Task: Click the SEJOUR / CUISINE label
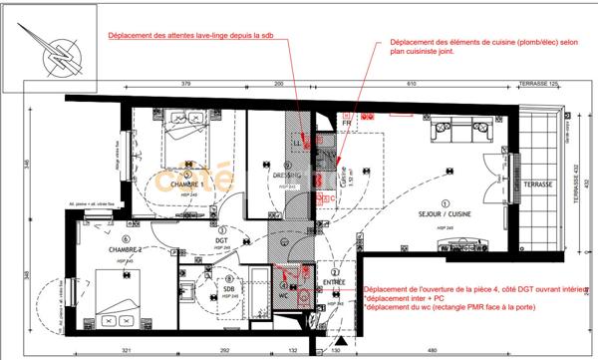(438, 213)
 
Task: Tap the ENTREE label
(336, 282)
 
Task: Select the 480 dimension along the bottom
(431, 352)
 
